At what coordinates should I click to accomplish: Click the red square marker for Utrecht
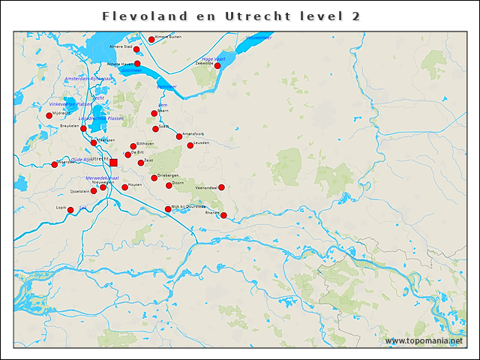coord(113,162)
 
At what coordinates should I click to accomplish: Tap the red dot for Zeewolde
coord(217,66)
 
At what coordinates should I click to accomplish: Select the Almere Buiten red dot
coord(151,40)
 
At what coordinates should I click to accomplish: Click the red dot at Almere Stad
coord(136,49)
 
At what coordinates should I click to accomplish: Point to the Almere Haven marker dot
coord(137,64)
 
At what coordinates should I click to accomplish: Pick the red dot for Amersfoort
coord(179,136)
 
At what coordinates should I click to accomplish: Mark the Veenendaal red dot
coord(221,187)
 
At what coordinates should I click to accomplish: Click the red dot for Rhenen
coord(223,215)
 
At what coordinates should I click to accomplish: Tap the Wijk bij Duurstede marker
coord(168,209)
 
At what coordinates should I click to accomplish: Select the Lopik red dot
coord(70,210)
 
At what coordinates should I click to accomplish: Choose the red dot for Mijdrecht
coord(49,115)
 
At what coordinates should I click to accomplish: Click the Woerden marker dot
coord(54,164)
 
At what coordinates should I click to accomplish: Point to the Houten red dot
coord(124,187)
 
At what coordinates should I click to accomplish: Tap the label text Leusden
coord(201,142)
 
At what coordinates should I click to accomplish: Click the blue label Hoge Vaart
coord(214,59)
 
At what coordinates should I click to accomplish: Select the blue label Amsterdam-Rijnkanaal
coord(88,79)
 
